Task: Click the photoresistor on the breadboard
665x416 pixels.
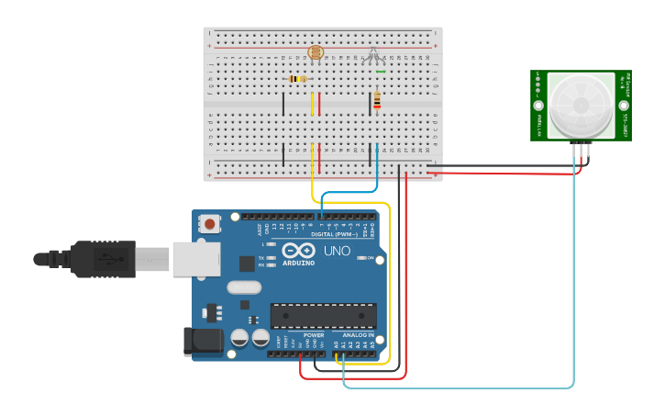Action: click(x=316, y=53)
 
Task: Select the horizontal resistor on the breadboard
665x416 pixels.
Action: click(x=296, y=79)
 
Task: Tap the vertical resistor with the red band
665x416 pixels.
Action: click(x=377, y=101)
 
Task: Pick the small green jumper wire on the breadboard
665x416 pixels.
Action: click(x=381, y=71)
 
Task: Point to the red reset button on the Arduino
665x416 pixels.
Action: click(x=210, y=223)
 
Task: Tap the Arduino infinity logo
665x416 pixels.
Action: click(x=298, y=251)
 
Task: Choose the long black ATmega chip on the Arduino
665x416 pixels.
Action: click(x=323, y=316)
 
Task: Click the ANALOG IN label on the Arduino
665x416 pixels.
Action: click(x=358, y=335)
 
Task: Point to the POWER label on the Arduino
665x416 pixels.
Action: click(x=314, y=335)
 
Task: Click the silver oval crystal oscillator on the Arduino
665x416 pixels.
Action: click(x=244, y=287)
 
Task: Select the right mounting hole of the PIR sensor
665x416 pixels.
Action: click(x=624, y=106)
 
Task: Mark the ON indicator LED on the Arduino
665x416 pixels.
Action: click(x=359, y=258)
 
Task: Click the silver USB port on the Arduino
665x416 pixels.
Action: click(x=195, y=259)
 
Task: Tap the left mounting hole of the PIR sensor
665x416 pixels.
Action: click(x=538, y=106)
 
